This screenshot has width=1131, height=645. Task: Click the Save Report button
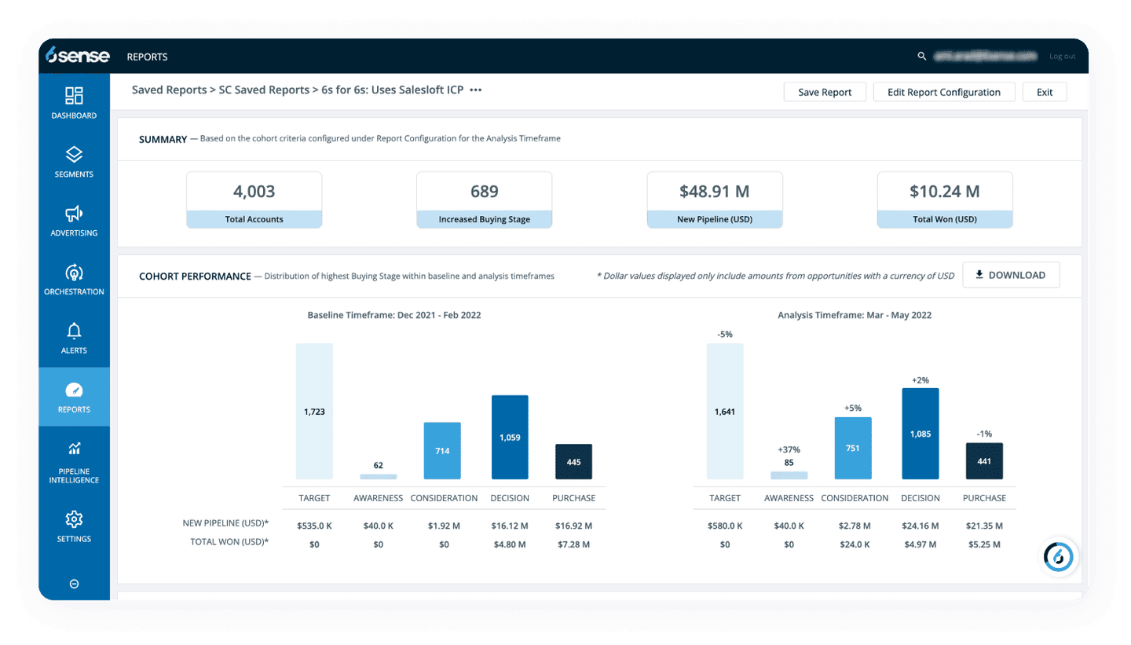pyautogui.click(x=825, y=92)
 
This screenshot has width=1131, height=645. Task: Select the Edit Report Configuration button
pyautogui.click(x=943, y=92)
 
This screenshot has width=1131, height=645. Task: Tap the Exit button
pyautogui.click(x=1044, y=92)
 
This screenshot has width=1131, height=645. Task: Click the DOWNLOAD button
pyautogui.click(x=1010, y=275)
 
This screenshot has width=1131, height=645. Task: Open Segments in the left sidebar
pyautogui.click(x=74, y=161)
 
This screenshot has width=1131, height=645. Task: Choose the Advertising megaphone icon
pyautogui.click(x=74, y=214)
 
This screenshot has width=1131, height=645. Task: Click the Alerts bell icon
pyautogui.click(x=74, y=331)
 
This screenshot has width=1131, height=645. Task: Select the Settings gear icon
pyautogui.click(x=74, y=519)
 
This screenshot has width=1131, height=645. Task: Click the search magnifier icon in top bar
pyautogui.click(x=922, y=57)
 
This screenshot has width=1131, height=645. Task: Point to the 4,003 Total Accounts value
pyautogui.click(x=254, y=191)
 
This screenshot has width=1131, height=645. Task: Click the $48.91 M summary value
pyautogui.click(x=714, y=191)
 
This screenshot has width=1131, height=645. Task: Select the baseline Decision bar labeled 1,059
pyautogui.click(x=510, y=437)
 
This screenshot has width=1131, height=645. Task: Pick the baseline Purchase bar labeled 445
pyautogui.click(x=573, y=461)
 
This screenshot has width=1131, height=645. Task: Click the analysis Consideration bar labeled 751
pyautogui.click(x=853, y=448)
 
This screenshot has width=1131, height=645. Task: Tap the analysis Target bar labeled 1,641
pyautogui.click(x=725, y=411)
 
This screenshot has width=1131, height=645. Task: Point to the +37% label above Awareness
pyautogui.click(x=789, y=449)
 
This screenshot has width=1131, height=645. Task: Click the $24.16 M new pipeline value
pyautogui.click(x=921, y=526)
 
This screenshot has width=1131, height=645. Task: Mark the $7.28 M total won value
pyautogui.click(x=573, y=544)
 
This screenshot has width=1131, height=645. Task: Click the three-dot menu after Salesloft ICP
pyautogui.click(x=475, y=90)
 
